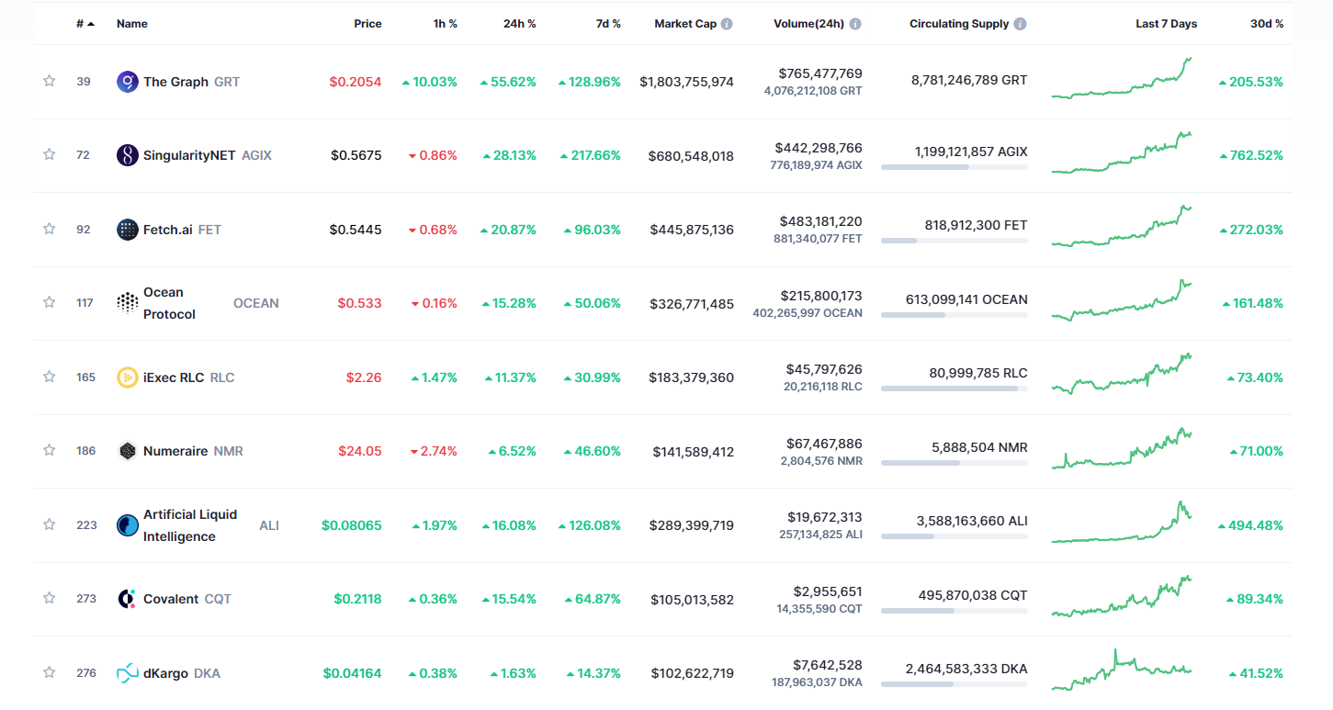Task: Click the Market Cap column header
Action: (x=684, y=24)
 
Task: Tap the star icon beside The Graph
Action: (x=50, y=81)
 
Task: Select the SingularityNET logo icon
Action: (x=128, y=155)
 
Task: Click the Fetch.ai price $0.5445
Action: (x=356, y=230)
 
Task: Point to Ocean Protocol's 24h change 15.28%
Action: (x=508, y=303)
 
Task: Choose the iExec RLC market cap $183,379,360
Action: (x=691, y=378)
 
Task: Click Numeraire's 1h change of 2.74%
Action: (x=434, y=451)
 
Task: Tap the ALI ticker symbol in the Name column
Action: (x=269, y=525)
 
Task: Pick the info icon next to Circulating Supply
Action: (x=1021, y=24)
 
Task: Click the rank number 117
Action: (x=85, y=303)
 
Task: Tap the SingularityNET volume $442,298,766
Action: (x=818, y=147)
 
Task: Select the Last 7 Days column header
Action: (x=1166, y=24)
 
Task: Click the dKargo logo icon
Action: (x=128, y=673)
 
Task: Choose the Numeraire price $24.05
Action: (x=360, y=451)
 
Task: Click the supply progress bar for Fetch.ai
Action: (x=954, y=241)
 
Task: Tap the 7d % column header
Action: (x=608, y=24)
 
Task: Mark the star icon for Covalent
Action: (x=50, y=598)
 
